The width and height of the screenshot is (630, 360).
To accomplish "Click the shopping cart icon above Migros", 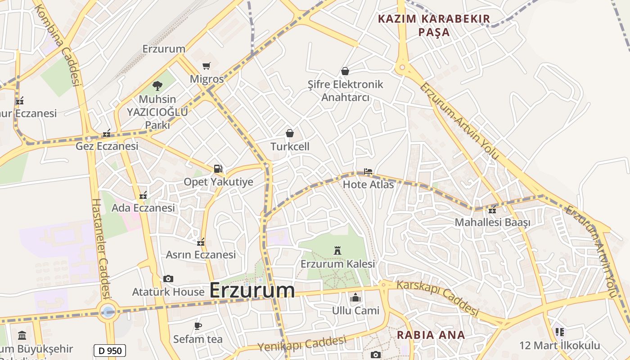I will pyautogui.click(x=206, y=66).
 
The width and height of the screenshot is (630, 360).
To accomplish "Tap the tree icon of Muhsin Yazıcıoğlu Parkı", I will pyautogui.click(x=157, y=85).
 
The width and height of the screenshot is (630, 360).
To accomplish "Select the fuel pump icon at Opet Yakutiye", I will pyautogui.click(x=218, y=169).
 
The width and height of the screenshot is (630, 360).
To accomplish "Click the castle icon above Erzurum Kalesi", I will pyautogui.click(x=337, y=251).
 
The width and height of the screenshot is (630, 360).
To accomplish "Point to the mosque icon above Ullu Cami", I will pyautogui.click(x=355, y=297).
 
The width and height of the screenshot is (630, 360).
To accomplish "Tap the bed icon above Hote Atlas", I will pyautogui.click(x=368, y=171).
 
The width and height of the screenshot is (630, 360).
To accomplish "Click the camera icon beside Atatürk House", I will pyautogui.click(x=168, y=279).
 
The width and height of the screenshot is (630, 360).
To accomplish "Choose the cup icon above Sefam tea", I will pyautogui.click(x=198, y=326).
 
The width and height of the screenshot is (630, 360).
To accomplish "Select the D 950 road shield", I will pyautogui.click(x=109, y=351).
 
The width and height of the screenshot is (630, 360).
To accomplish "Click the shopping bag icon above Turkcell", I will pyautogui.click(x=290, y=133).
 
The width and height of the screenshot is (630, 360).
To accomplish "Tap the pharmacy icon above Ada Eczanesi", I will pyautogui.click(x=143, y=195).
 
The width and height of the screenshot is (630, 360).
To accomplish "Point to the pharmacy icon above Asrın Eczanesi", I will pyautogui.click(x=201, y=242).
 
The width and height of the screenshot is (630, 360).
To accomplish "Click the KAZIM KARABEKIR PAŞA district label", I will pyautogui.click(x=434, y=25).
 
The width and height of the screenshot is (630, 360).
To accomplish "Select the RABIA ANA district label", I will pyautogui.click(x=431, y=335).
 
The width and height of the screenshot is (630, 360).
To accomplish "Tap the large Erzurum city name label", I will pyautogui.click(x=252, y=290).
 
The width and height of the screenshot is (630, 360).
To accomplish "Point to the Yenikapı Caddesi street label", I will pyautogui.click(x=302, y=344).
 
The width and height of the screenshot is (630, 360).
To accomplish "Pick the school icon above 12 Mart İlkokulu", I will pyautogui.click(x=559, y=332).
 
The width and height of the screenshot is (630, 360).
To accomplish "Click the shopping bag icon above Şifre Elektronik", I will pyautogui.click(x=345, y=71).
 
